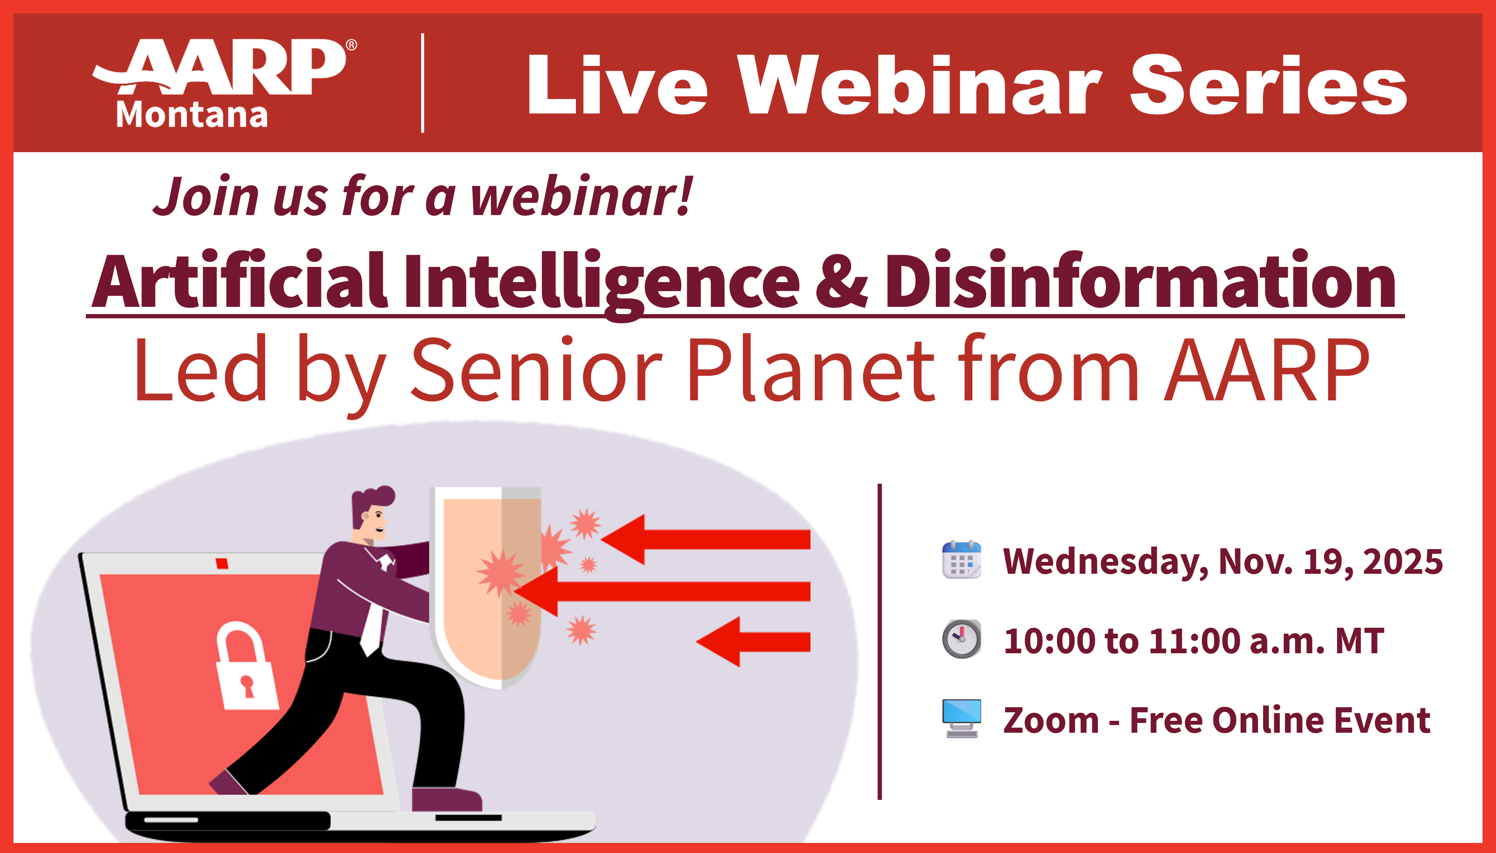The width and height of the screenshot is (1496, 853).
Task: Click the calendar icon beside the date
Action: [961, 560]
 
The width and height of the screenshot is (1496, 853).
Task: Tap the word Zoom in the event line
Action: [1051, 720]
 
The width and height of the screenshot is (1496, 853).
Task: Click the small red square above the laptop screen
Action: [221, 564]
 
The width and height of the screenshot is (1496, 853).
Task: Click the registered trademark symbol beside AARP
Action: [351, 45]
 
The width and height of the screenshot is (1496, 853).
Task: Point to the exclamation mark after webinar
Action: [686, 196]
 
